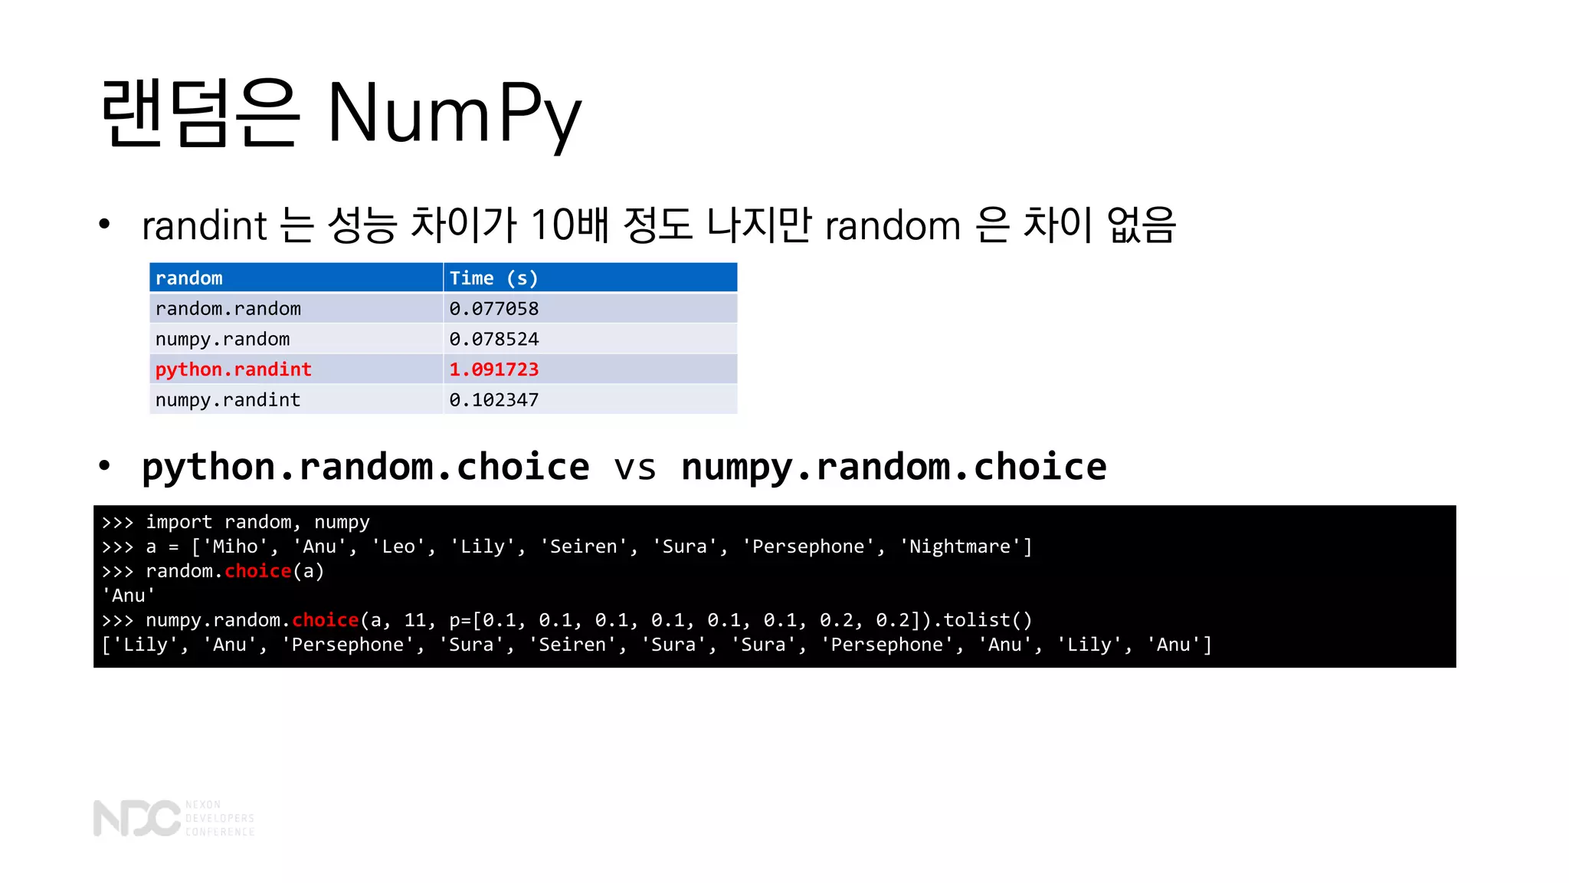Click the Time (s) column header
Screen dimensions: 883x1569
tap(493, 278)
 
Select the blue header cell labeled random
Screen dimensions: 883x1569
tap(189, 278)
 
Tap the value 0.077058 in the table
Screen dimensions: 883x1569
tap(493, 309)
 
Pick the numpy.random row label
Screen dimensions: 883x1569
tap(222, 340)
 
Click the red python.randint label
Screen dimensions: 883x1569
tap(233, 369)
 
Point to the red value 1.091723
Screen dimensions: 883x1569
tap(493, 369)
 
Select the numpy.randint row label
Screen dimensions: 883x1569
tap(228, 400)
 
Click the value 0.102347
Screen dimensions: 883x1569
tap(493, 400)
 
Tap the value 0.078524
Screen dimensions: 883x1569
tap(493, 340)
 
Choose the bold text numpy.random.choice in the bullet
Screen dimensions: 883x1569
tap(893, 468)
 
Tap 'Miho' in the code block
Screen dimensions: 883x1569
tap(234, 547)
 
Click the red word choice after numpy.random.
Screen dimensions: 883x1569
tap(325, 620)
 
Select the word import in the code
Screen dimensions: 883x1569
tap(179, 522)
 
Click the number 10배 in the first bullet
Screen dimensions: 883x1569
tap(570, 225)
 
